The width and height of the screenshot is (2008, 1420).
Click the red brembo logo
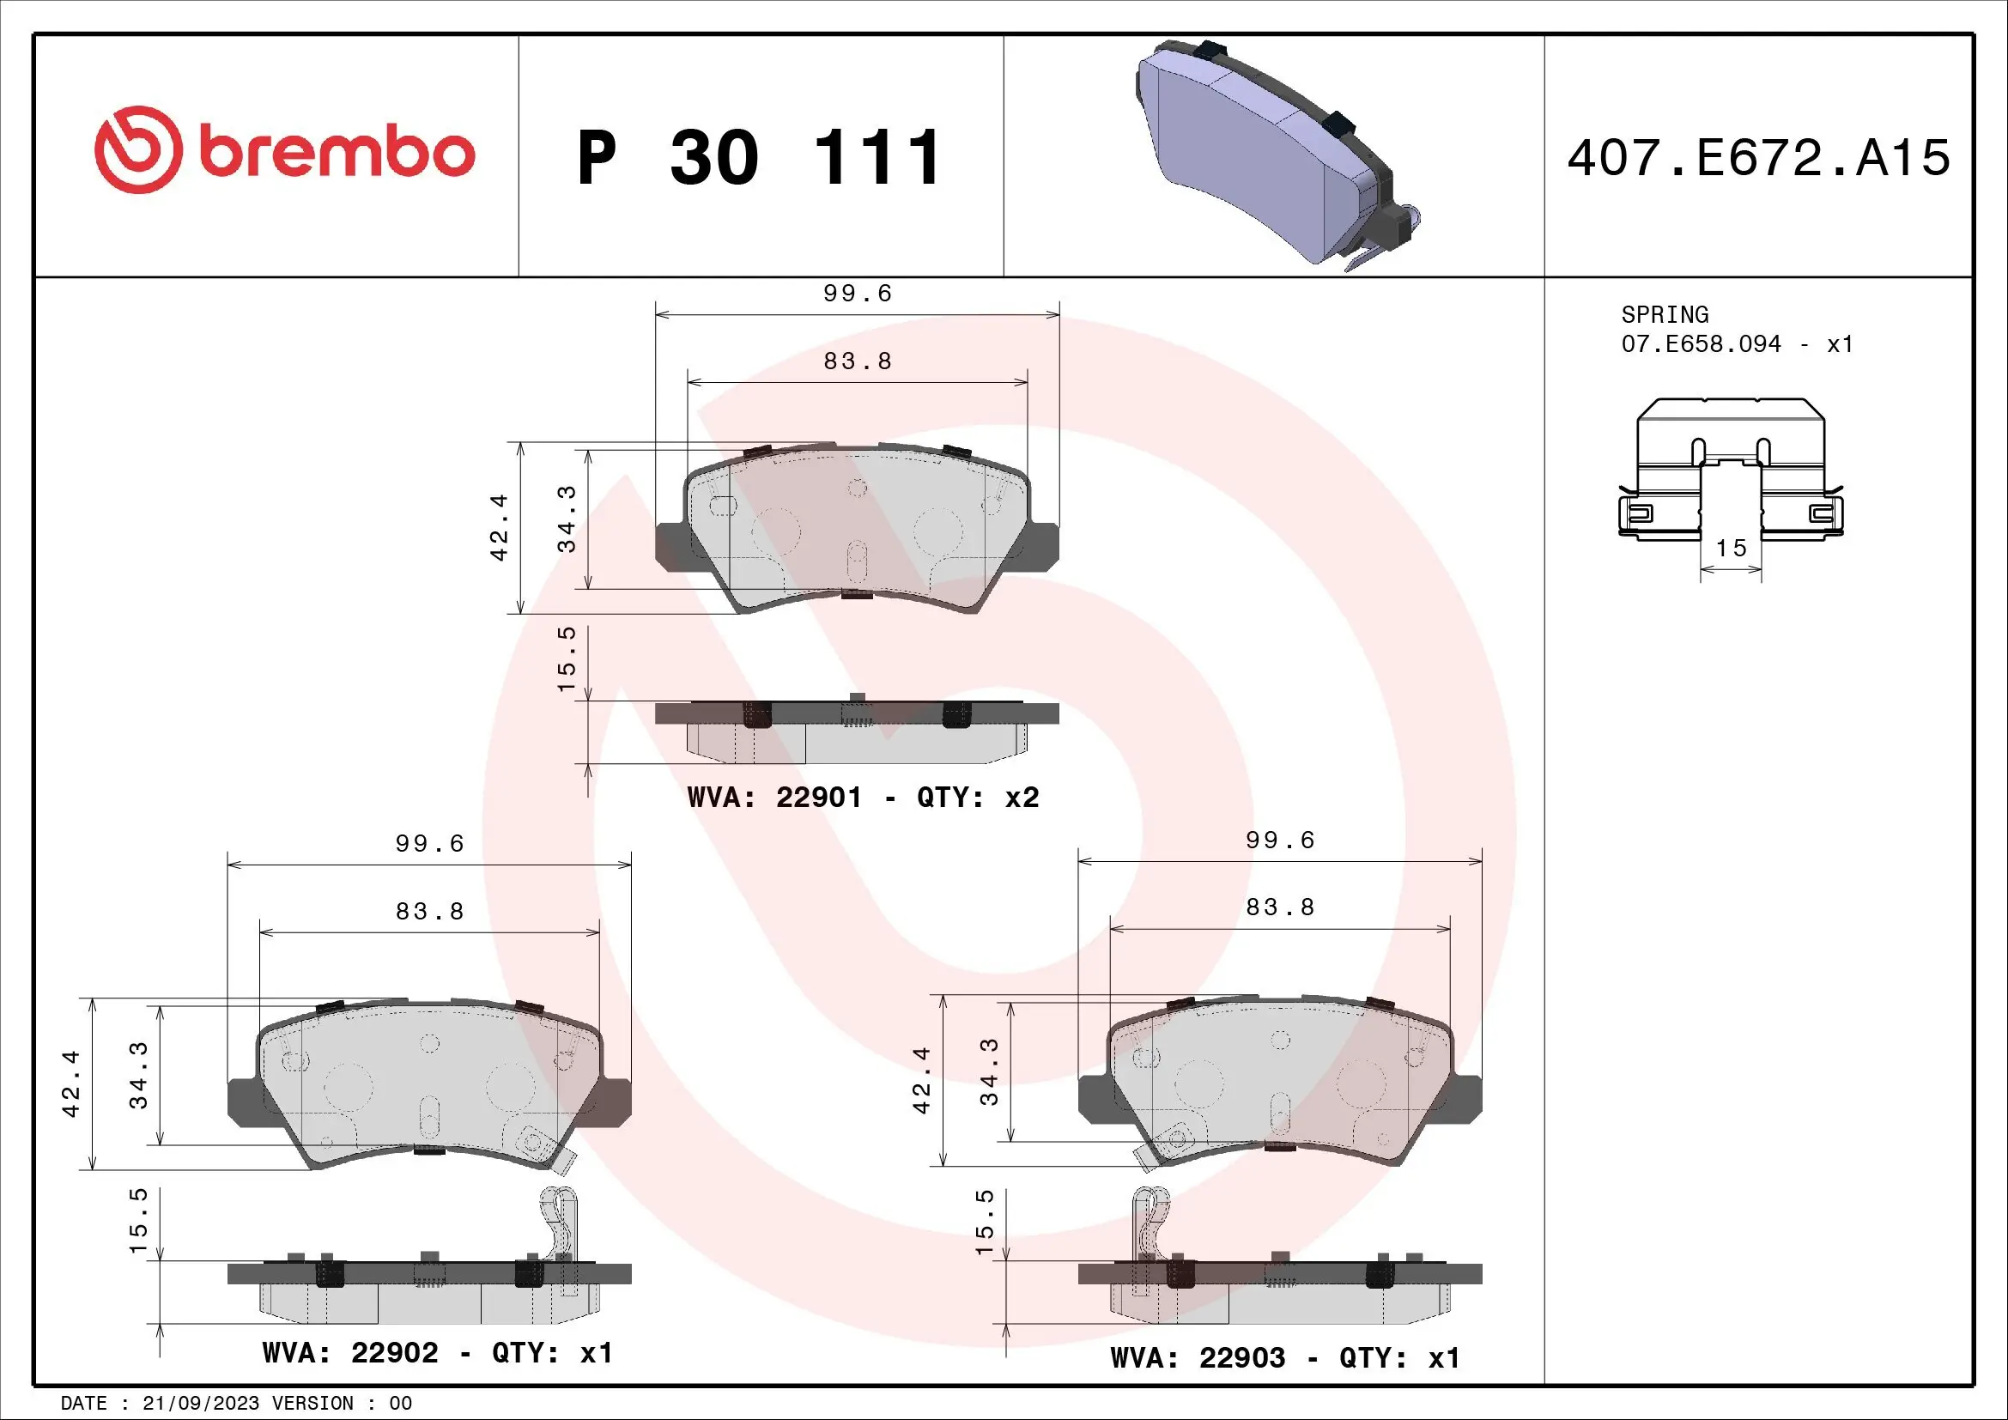click(x=284, y=150)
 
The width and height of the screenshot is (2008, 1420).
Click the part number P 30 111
click(x=759, y=158)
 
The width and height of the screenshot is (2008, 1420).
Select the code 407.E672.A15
click(x=1758, y=158)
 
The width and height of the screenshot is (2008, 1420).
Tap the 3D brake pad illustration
click(x=1277, y=153)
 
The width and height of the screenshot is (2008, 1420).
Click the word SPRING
click(x=1665, y=315)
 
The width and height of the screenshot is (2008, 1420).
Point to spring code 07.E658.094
click(x=1700, y=344)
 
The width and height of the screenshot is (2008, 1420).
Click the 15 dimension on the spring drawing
click(x=1731, y=549)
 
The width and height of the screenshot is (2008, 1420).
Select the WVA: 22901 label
click(x=774, y=798)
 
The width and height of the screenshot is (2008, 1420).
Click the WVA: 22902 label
click(x=349, y=1353)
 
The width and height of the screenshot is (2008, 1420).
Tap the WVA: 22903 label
click(x=1198, y=1358)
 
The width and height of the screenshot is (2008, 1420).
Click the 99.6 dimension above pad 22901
click(x=857, y=294)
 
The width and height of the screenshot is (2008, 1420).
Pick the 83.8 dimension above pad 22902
click(x=429, y=911)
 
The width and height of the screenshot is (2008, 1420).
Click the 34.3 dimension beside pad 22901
click(x=567, y=519)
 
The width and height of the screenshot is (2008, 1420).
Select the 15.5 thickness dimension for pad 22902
click(x=138, y=1221)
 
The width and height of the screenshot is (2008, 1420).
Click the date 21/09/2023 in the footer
click(x=200, y=1404)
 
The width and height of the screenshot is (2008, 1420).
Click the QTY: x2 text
click(x=978, y=798)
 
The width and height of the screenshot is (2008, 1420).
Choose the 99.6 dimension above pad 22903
click(x=1279, y=840)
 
